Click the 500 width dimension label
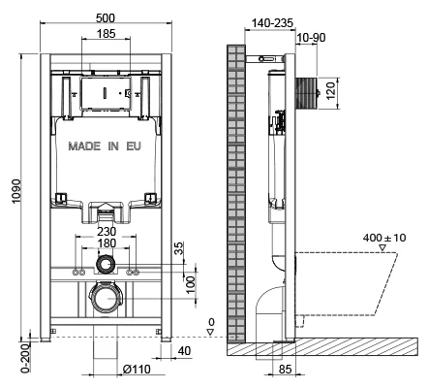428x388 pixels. (x=106, y=18)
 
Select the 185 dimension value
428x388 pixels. (x=107, y=33)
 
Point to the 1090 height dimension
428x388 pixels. (x=16, y=191)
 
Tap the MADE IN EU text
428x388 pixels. (x=105, y=146)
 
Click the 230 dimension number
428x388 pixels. (x=107, y=232)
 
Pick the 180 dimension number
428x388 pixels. (x=107, y=242)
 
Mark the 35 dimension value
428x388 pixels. (x=179, y=248)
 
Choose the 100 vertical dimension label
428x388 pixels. (x=191, y=284)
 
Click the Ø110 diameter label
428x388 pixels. (x=137, y=369)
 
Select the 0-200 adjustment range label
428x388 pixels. (x=25, y=359)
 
